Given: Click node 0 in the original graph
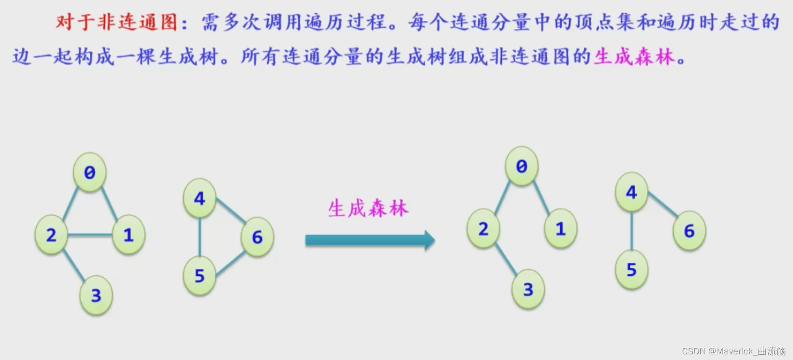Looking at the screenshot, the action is coord(90,172).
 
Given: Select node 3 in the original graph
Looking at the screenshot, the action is coord(96,296).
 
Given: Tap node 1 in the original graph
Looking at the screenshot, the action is coord(129,235).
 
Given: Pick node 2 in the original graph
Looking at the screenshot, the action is coord(51,235).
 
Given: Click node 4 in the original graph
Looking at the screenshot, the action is coord(199,198).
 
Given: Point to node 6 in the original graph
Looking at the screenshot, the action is coord(257,237).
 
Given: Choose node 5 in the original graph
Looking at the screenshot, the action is coord(199,276).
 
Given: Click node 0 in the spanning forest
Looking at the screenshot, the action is coord(521,166).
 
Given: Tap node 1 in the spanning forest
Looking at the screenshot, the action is coord(560,229).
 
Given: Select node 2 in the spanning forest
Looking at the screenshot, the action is coord(483,229).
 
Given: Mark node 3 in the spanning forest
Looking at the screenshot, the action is coord(528,289).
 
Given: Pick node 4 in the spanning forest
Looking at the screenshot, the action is coord(631,192).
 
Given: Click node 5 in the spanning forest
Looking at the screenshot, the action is coord(631,270).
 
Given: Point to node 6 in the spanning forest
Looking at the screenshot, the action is coord(689,231).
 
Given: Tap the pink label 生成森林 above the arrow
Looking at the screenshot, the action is coord(368,208).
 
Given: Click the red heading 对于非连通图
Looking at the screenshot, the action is coord(117,22).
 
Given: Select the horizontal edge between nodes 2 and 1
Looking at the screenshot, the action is coord(90,235).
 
